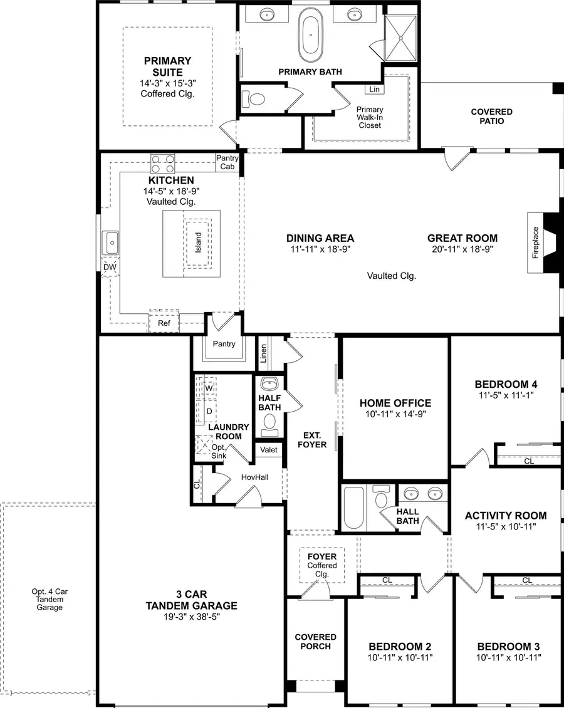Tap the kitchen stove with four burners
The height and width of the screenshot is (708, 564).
(x=163, y=164)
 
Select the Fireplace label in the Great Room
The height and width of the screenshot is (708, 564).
(x=536, y=242)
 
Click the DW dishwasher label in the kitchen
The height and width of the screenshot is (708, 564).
(x=110, y=267)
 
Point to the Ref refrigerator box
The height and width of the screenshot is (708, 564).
(x=164, y=323)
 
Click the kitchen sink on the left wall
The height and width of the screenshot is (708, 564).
(x=112, y=242)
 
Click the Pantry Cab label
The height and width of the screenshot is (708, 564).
(x=227, y=163)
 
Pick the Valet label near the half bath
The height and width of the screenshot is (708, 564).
(x=269, y=449)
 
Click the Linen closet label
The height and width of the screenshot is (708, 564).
(x=264, y=352)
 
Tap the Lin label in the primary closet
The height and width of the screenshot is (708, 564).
(x=374, y=90)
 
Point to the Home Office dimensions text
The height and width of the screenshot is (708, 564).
(x=395, y=415)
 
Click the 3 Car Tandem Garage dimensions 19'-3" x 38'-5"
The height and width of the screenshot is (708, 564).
(x=191, y=617)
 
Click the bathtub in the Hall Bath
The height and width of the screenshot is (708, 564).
(x=352, y=507)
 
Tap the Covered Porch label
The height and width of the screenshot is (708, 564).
(x=316, y=642)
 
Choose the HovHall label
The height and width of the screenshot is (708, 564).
(x=254, y=477)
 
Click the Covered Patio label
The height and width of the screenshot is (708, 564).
(x=491, y=116)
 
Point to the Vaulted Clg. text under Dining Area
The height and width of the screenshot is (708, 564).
(x=392, y=275)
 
